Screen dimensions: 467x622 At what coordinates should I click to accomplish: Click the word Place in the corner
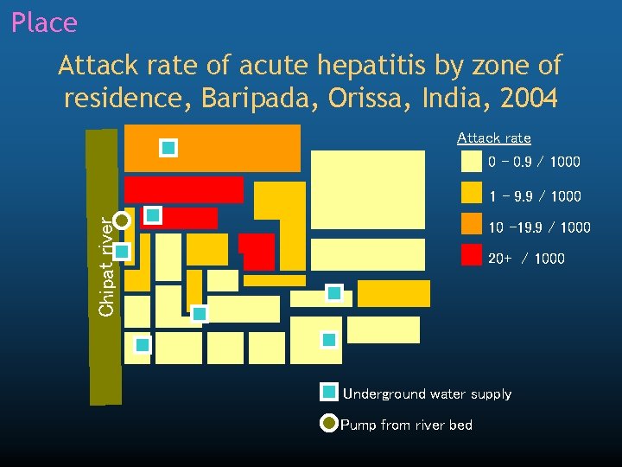point(44,22)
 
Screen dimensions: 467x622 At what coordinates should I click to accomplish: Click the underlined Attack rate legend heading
point(493,138)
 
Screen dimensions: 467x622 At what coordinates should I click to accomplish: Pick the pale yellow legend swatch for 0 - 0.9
point(471,162)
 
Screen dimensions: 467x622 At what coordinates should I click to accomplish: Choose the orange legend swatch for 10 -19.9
point(471,224)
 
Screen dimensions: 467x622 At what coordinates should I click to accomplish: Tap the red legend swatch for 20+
point(471,254)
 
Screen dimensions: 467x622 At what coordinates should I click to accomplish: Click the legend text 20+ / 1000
point(526,258)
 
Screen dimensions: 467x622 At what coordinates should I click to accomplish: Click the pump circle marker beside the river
point(122,221)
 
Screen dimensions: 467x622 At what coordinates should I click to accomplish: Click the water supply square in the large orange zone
point(168,148)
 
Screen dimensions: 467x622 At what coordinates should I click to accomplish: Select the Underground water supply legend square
point(328,393)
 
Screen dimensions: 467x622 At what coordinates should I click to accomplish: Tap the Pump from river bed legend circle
point(328,424)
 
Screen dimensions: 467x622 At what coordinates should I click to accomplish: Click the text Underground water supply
point(427,394)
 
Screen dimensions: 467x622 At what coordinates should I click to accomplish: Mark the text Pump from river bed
point(406,425)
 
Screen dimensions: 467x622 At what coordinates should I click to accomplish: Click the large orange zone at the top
point(233,148)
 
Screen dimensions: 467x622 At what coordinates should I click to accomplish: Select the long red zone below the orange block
point(183,189)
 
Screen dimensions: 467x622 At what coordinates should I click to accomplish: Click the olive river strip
point(102,346)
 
